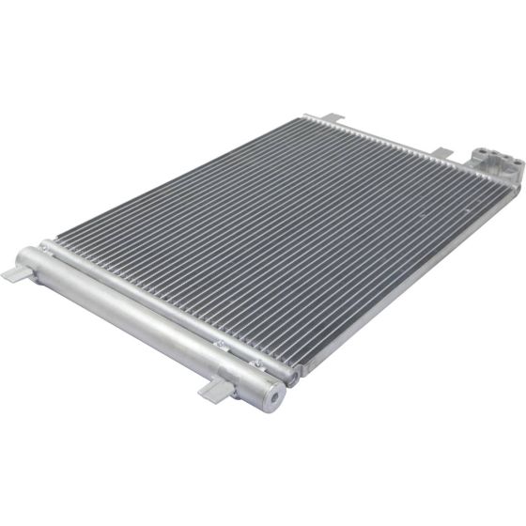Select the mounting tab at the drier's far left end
click(16, 272)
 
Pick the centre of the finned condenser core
click(272, 235)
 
